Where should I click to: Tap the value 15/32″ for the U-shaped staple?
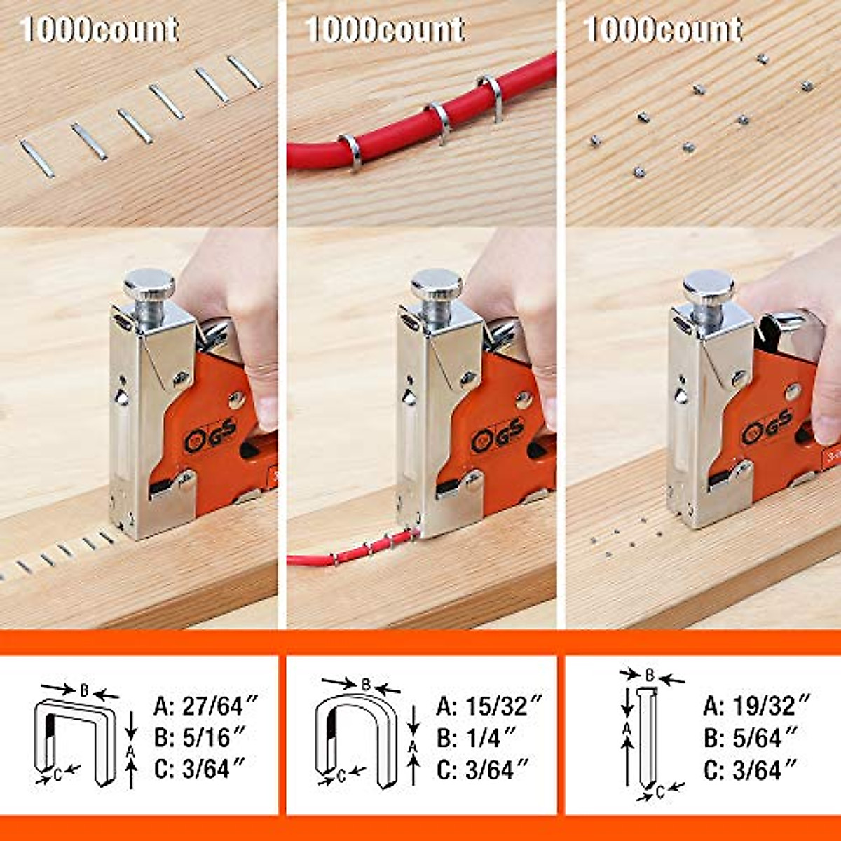[503, 705]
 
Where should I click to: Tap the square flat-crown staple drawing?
[76, 740]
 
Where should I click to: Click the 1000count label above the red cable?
[385, 30]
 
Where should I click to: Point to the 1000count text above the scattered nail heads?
[663, 30]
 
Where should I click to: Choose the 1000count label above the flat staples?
[100, 30]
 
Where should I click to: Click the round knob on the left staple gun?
[149, 284]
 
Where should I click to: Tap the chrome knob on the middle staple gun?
[436, 284]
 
